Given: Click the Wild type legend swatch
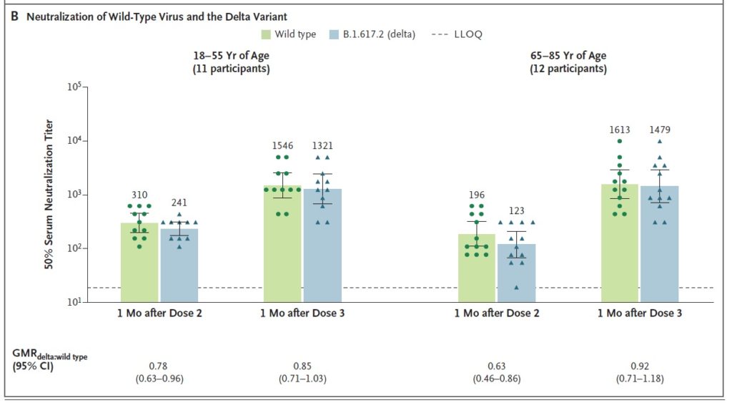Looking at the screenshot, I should pyautogui.click(x=266, y=34).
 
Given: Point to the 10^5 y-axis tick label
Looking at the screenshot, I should pyautogui.click(x=74, y=87).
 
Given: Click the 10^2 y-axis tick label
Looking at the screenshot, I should pyautogui.click(x=74, y=248).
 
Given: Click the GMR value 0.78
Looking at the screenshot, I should pyautogui.click(x=159, y=366).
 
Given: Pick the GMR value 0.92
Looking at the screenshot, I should pyautogui.click(x=639, y=366).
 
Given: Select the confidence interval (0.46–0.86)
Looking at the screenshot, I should pyautogui.click(x=496, y=378).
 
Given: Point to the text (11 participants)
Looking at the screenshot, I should pyautogui.click(x=231, y=70).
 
